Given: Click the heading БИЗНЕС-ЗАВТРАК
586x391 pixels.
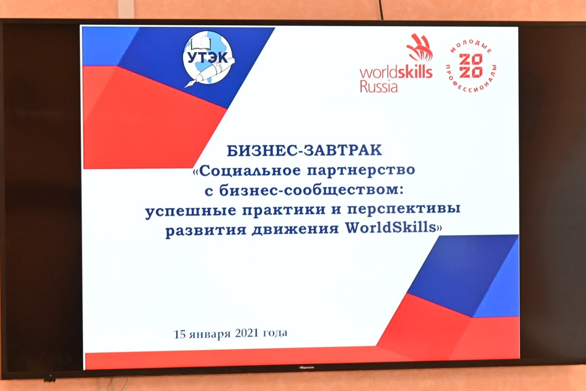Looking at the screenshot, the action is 304,151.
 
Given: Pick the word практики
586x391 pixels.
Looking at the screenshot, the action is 284,209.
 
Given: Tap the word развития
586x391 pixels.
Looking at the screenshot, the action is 206,230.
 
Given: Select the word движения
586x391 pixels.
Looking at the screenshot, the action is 295,229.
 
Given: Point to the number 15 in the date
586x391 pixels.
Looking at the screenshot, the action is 180,335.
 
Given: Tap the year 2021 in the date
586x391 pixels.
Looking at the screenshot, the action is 247,333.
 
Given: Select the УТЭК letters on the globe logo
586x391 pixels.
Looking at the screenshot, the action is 207,58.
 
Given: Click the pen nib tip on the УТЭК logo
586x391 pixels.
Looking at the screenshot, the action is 185,87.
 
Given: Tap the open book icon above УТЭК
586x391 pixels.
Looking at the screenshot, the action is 201,44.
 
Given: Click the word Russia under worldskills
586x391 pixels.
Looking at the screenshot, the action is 379,87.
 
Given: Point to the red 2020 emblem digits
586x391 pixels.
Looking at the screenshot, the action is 471,66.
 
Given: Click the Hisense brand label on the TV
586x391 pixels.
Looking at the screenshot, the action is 307,368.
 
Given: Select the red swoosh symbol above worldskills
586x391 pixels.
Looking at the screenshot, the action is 419,48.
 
